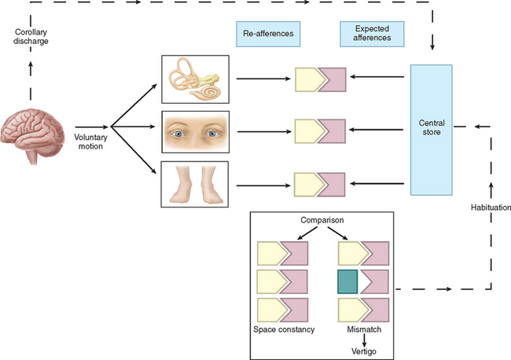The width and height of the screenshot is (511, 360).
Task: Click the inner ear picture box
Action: [194, 79]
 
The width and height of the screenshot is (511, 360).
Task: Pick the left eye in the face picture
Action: [179, 133]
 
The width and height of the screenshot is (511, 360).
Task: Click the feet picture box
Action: [194, 184]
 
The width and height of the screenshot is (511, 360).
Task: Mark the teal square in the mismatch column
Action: [347, 281]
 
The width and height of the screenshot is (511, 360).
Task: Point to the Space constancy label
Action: [283, 329]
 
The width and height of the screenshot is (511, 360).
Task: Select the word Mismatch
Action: [362, 329]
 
